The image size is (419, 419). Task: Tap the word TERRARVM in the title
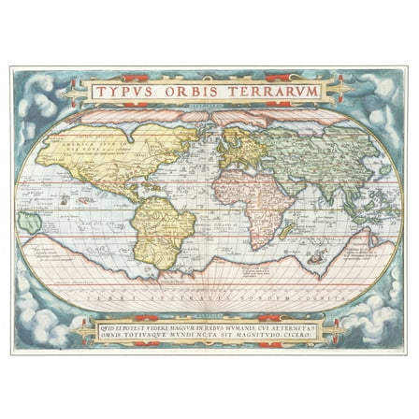tap(276, 91)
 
